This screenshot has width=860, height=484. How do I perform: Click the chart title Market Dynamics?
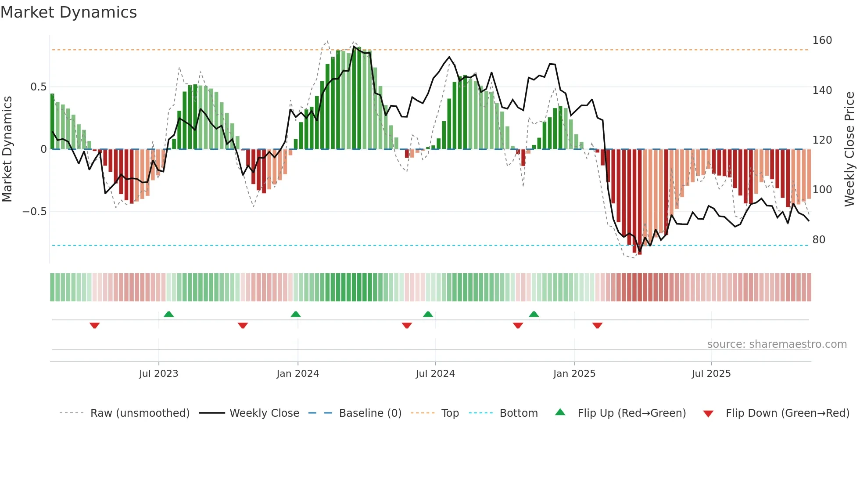click(x=68, y=12)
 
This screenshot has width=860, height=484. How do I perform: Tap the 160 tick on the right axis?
click(x=822, y=40)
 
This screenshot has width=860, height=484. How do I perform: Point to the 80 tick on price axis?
click(x=819, y=240)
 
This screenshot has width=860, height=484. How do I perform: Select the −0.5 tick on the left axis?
click(x=34, y=212)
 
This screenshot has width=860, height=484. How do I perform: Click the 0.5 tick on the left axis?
click(x=38, y=87)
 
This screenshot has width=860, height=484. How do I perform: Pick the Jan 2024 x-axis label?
click(x=297, y=374)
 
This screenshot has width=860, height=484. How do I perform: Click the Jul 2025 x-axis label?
click(x=711, y=374)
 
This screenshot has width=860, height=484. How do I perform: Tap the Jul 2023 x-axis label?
click(x=158, y=374)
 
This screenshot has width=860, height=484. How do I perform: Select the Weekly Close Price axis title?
click(x=849, y=149)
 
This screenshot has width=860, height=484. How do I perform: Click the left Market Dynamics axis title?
click(x=7, y=149)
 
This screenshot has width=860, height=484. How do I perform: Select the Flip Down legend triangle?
click(x=708, y=414)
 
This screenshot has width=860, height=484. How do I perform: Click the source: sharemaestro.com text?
click(x=777, y=344)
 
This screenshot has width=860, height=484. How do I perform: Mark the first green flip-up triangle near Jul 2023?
click(x=168, y=314)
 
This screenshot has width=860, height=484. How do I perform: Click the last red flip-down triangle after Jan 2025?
click(x=597, y=325)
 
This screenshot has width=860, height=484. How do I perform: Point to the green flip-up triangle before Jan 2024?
click(x=296, y=314)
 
